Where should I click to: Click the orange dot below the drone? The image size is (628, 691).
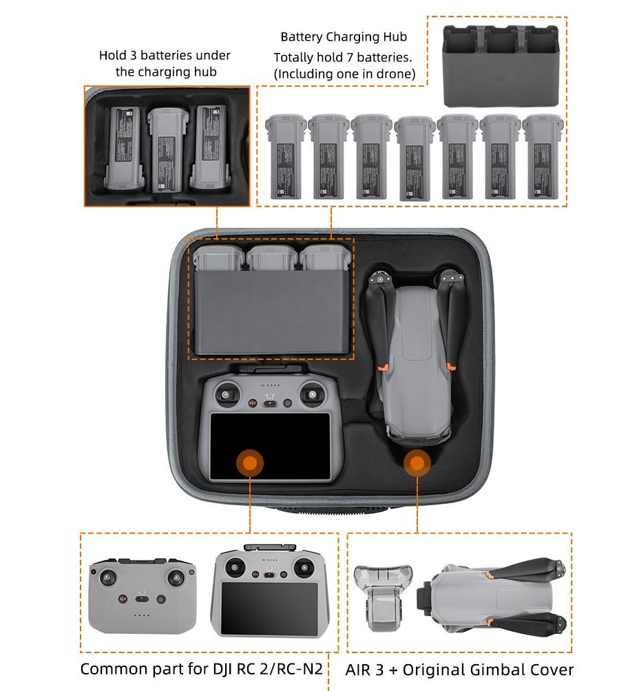[x=417, y=463]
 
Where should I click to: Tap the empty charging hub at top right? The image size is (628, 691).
[x=501, y=64]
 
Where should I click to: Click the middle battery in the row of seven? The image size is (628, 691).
[x=414, y=158]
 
